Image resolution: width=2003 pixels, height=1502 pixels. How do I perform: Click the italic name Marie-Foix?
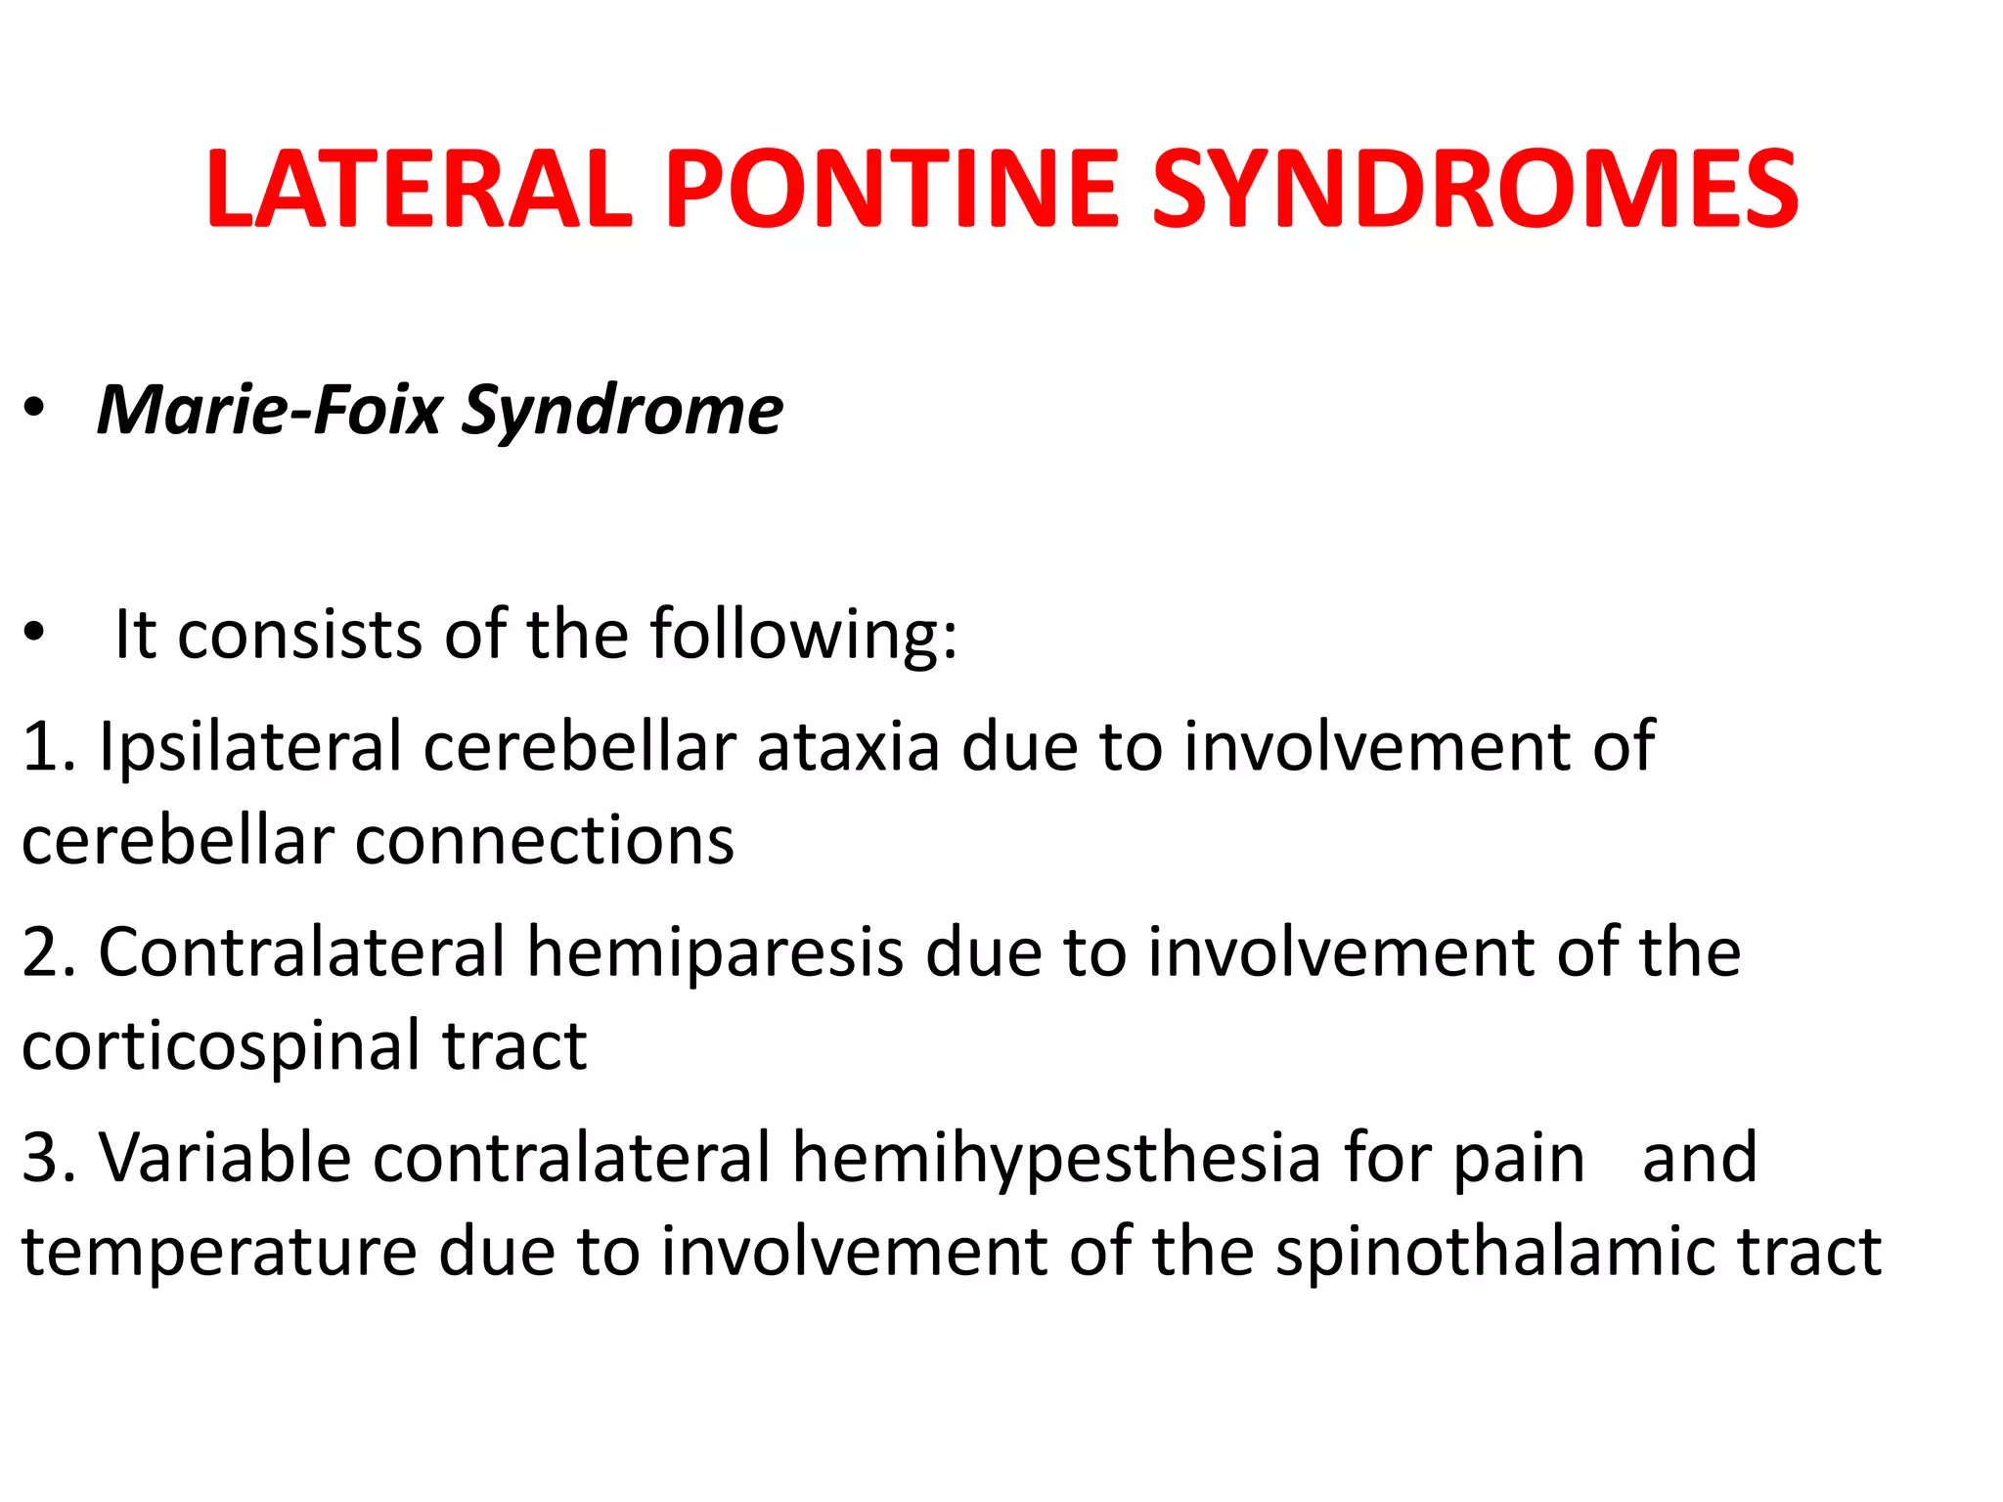click(x=270, y=410)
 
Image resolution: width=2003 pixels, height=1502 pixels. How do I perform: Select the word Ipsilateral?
click(x=250, y=747)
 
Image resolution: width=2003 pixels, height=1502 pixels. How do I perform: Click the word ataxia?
click(x=848, y=747)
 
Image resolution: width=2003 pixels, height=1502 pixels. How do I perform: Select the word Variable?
click(x=225, y=1158)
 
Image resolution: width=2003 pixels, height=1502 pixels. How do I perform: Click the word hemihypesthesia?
click(x=1056, y=1160)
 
